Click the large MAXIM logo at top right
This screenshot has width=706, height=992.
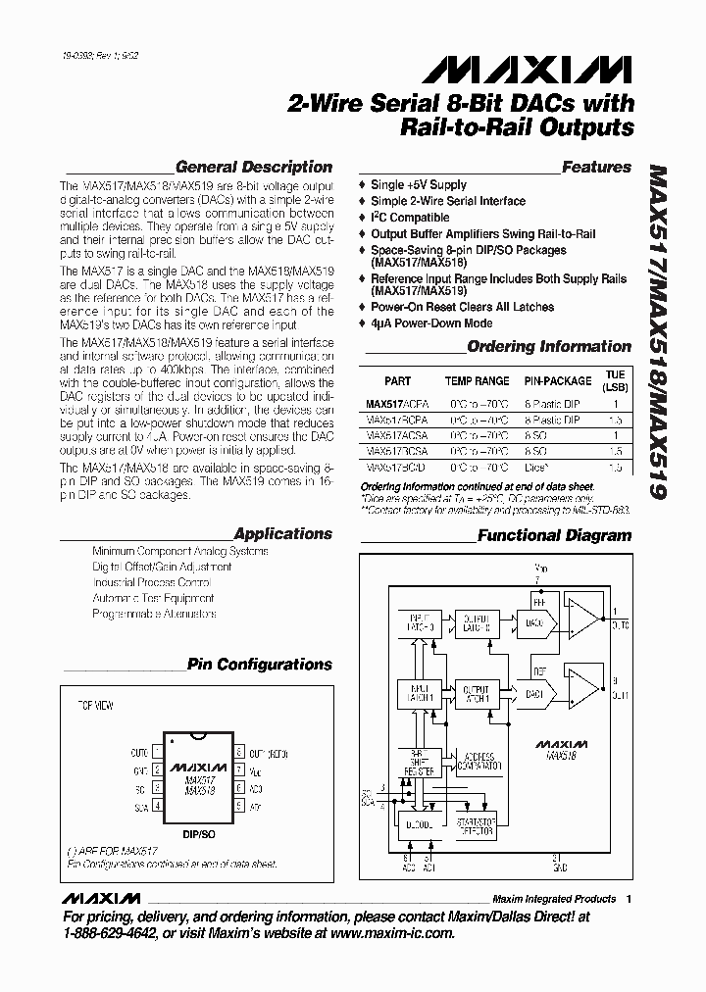[528, 71]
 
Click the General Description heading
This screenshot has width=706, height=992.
[253, 167]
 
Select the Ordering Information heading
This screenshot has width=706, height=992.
[549, 346]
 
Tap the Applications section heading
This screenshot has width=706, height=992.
[283, 533]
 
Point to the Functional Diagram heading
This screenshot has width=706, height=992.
[554, 535]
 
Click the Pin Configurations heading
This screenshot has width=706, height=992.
[260, 664]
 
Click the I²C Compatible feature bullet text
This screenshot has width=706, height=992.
[410, 218]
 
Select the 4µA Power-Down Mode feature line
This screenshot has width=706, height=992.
[431, 323]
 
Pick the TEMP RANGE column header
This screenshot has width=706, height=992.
[477, 381]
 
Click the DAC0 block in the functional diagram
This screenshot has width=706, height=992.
[534, 621]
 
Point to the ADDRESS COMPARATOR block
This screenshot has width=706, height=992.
[479, 760]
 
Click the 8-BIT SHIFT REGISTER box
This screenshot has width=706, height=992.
[419, 765]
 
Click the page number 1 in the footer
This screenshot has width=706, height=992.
[629, 899]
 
